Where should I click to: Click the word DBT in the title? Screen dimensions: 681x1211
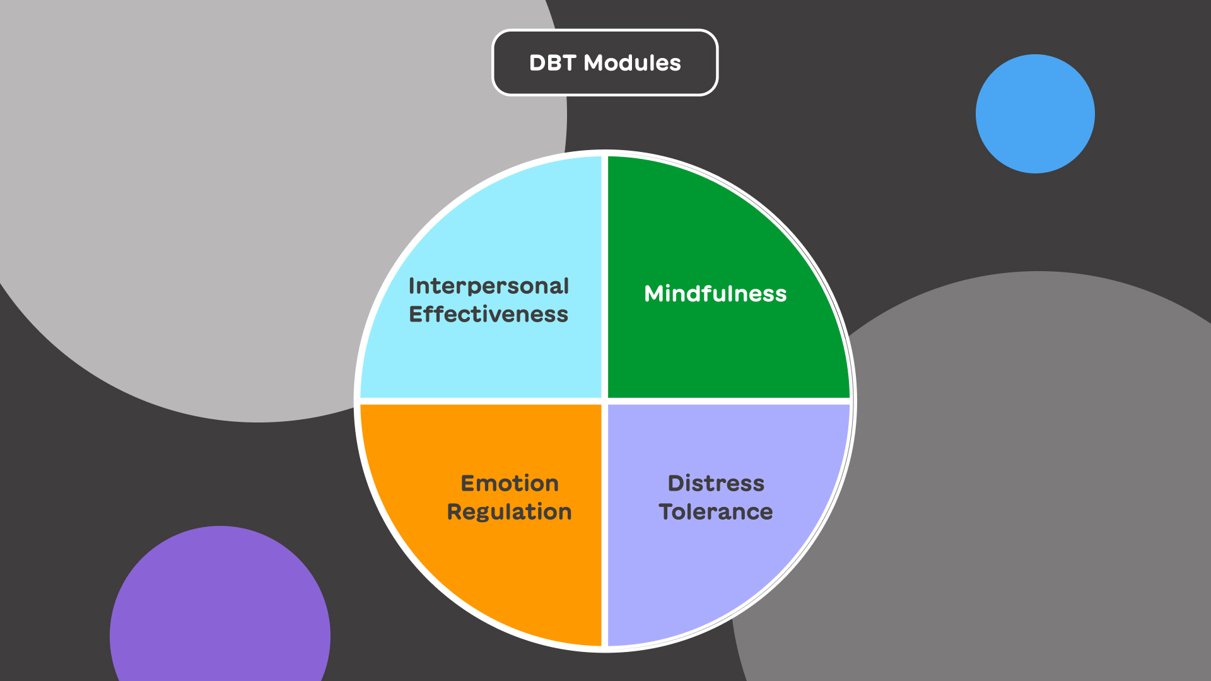tap(553, 63)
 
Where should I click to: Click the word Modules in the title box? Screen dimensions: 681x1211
tap(632, 63)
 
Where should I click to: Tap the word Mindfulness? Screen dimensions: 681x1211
tap(715, 294)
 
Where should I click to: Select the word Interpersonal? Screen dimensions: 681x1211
tap(488, 286)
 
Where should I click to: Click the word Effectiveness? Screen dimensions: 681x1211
tap(488, 315)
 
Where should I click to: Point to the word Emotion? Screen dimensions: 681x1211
tap(510, 484)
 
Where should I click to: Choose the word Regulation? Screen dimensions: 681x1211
tap(509, 512)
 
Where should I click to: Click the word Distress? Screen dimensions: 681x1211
tap(716, 484)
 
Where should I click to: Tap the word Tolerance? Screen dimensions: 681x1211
tap(715, 512)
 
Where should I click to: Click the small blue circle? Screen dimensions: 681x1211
tap(1035, 113)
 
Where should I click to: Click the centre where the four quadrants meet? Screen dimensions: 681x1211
tap(605, 401)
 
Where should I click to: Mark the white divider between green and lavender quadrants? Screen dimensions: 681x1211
tap(725, 401)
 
